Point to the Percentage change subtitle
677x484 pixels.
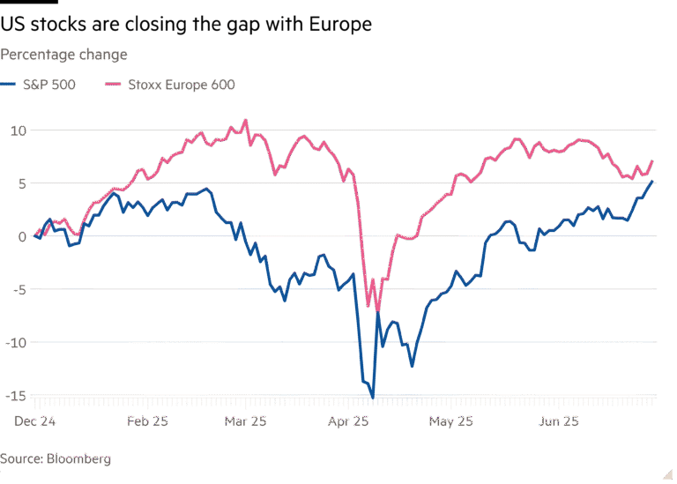pos(63,55)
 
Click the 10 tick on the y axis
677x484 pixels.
pos(19,130)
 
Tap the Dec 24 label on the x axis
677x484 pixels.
pos(35,422)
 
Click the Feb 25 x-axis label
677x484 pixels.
pos(147,422)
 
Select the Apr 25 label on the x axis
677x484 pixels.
pos(347,422)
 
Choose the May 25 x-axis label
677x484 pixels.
pos(450,422)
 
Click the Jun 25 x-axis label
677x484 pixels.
pos(559,422)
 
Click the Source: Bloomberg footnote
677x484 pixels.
pos(56,459)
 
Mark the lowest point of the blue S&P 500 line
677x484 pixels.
pos(373,399)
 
